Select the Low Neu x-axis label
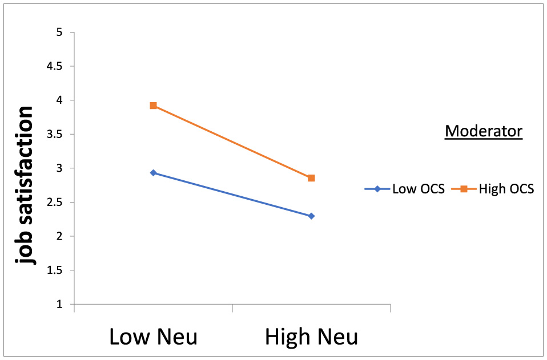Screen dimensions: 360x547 pyautogui.click(x=154, y=337)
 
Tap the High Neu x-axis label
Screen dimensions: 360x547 pyautogui.click(x=311, y=337)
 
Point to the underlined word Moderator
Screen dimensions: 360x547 pyautogui.click(x=484, y=131)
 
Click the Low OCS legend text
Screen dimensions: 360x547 pyautogui.click(x=418, y=189)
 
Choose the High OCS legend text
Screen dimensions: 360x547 pyautogui.click(x=506, y=189)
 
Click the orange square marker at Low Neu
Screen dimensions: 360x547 pyautogui.click(x=153, y=106)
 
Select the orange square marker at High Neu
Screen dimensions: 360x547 pyautogui.click(x=311, y=178)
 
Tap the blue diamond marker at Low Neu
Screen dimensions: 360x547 pyautogui.click(x=153, y=172)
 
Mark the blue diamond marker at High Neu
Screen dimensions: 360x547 pyautogui.click(x=311, y=216)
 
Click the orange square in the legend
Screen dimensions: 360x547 pyautogui.click(x=463, y=189)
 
